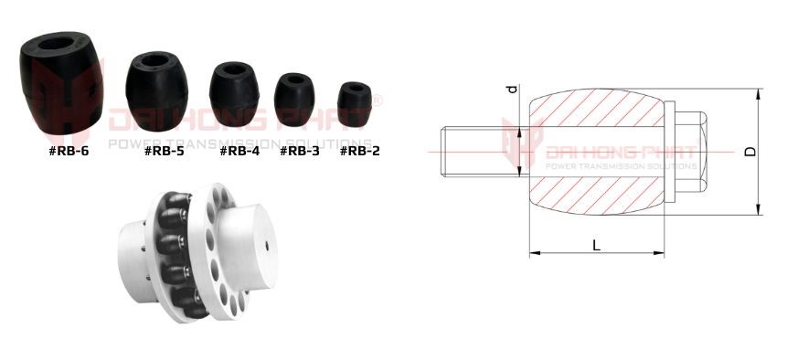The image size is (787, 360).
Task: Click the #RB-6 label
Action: [x=69, y=151]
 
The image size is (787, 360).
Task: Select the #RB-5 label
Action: [x=165, y=151]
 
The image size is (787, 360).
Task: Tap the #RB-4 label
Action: [x=239, y=151]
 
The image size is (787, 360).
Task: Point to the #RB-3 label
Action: [x=299, y=151]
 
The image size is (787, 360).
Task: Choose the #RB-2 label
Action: [x=360, y=151]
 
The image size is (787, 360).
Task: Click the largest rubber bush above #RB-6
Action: [x=61, y=83]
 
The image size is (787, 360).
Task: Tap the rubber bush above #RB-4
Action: [x=234, y=94]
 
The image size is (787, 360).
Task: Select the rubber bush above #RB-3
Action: [x=294, y=100]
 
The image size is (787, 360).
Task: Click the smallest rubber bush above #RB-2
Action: [x=355, y=104]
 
